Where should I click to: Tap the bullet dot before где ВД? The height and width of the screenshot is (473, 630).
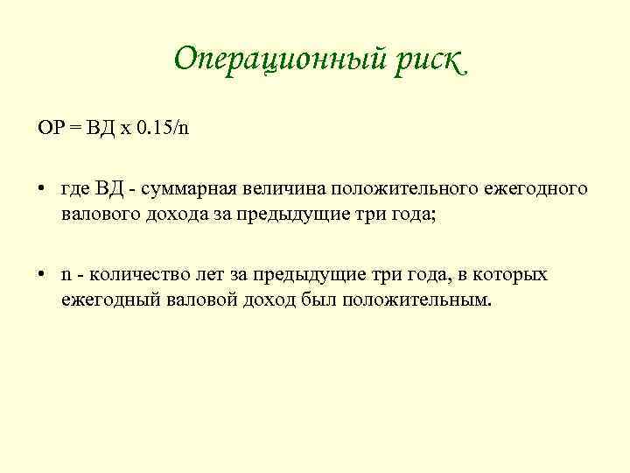(x=41, y=188)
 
